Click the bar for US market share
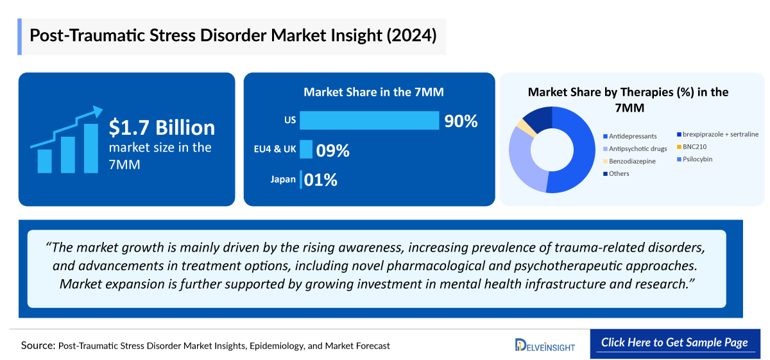tap(369, 121)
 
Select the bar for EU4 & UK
tap(306, 150)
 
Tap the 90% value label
tap(461, 121)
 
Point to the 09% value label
tap(333, 151)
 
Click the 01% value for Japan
tap(321, 180)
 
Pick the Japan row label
tap(283, 180)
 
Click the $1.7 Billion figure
tap(162, 128)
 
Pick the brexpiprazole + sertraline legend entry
tap(717, 134)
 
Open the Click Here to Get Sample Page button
tap(674, 343)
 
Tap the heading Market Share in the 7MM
tap(373, 92)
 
